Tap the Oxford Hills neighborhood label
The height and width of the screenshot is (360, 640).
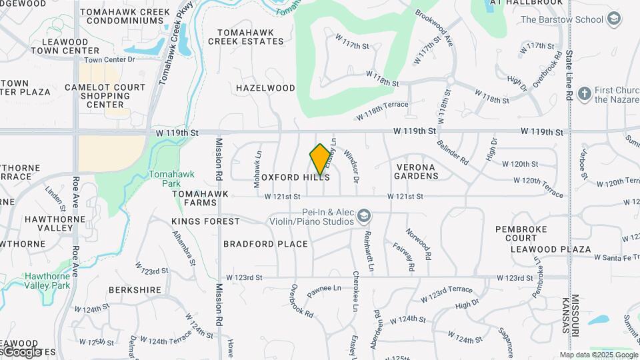pyautogui.click(x=295, y=178)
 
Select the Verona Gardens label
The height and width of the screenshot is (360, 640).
pyautogui.click(x=416, y=171)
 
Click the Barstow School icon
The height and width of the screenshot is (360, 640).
pyautogui.click(x=614, y=19)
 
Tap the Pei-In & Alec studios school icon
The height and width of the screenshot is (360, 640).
pyautogui.click(x=364, y=215)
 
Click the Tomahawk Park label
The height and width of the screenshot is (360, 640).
pyautogui.click(x=163, y=178)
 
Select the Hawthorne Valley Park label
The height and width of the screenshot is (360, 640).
pyautogui.click(x=47, y=280)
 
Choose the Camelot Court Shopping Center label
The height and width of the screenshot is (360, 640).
pyautogui.click(x=105, y=96)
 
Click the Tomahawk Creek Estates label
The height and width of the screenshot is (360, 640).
pyautogui.click(x=245, y=36)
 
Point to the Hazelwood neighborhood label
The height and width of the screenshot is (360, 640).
pyautogui.click(x=265, y=88)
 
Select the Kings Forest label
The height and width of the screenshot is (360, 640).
pyautogui.click(x=205, y=221)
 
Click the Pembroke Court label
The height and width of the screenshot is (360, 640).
pyautogui.click(x=521, y=233)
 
